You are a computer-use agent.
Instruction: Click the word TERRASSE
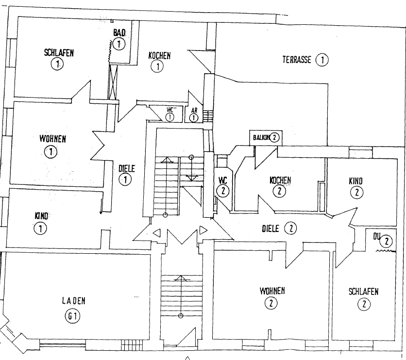click(x=297, y=60)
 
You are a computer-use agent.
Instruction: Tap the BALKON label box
click(x=265, y=137)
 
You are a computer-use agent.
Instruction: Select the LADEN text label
click(x=73, y=301)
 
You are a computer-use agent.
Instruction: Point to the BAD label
click(x=119, y=33)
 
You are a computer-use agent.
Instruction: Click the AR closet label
click(x=194, y=110)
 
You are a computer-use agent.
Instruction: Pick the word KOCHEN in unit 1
click(x=159, y=56)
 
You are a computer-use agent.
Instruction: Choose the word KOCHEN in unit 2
click(x=280, y=180)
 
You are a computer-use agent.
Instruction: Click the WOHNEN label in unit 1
click(x=52, y=139)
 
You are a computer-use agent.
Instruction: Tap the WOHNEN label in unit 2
click(x=272, y=291)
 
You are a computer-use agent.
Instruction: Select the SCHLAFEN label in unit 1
click(x=59, y=53)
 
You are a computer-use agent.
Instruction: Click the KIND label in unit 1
click(x=42, y=215)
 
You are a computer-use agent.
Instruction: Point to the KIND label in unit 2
click(x=355, y=180)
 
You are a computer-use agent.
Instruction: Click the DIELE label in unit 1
click(x=126, y=169)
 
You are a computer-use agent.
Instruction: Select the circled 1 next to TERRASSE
click(x=322, y=60)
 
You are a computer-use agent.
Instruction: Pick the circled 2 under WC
click(x=223, y=191)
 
